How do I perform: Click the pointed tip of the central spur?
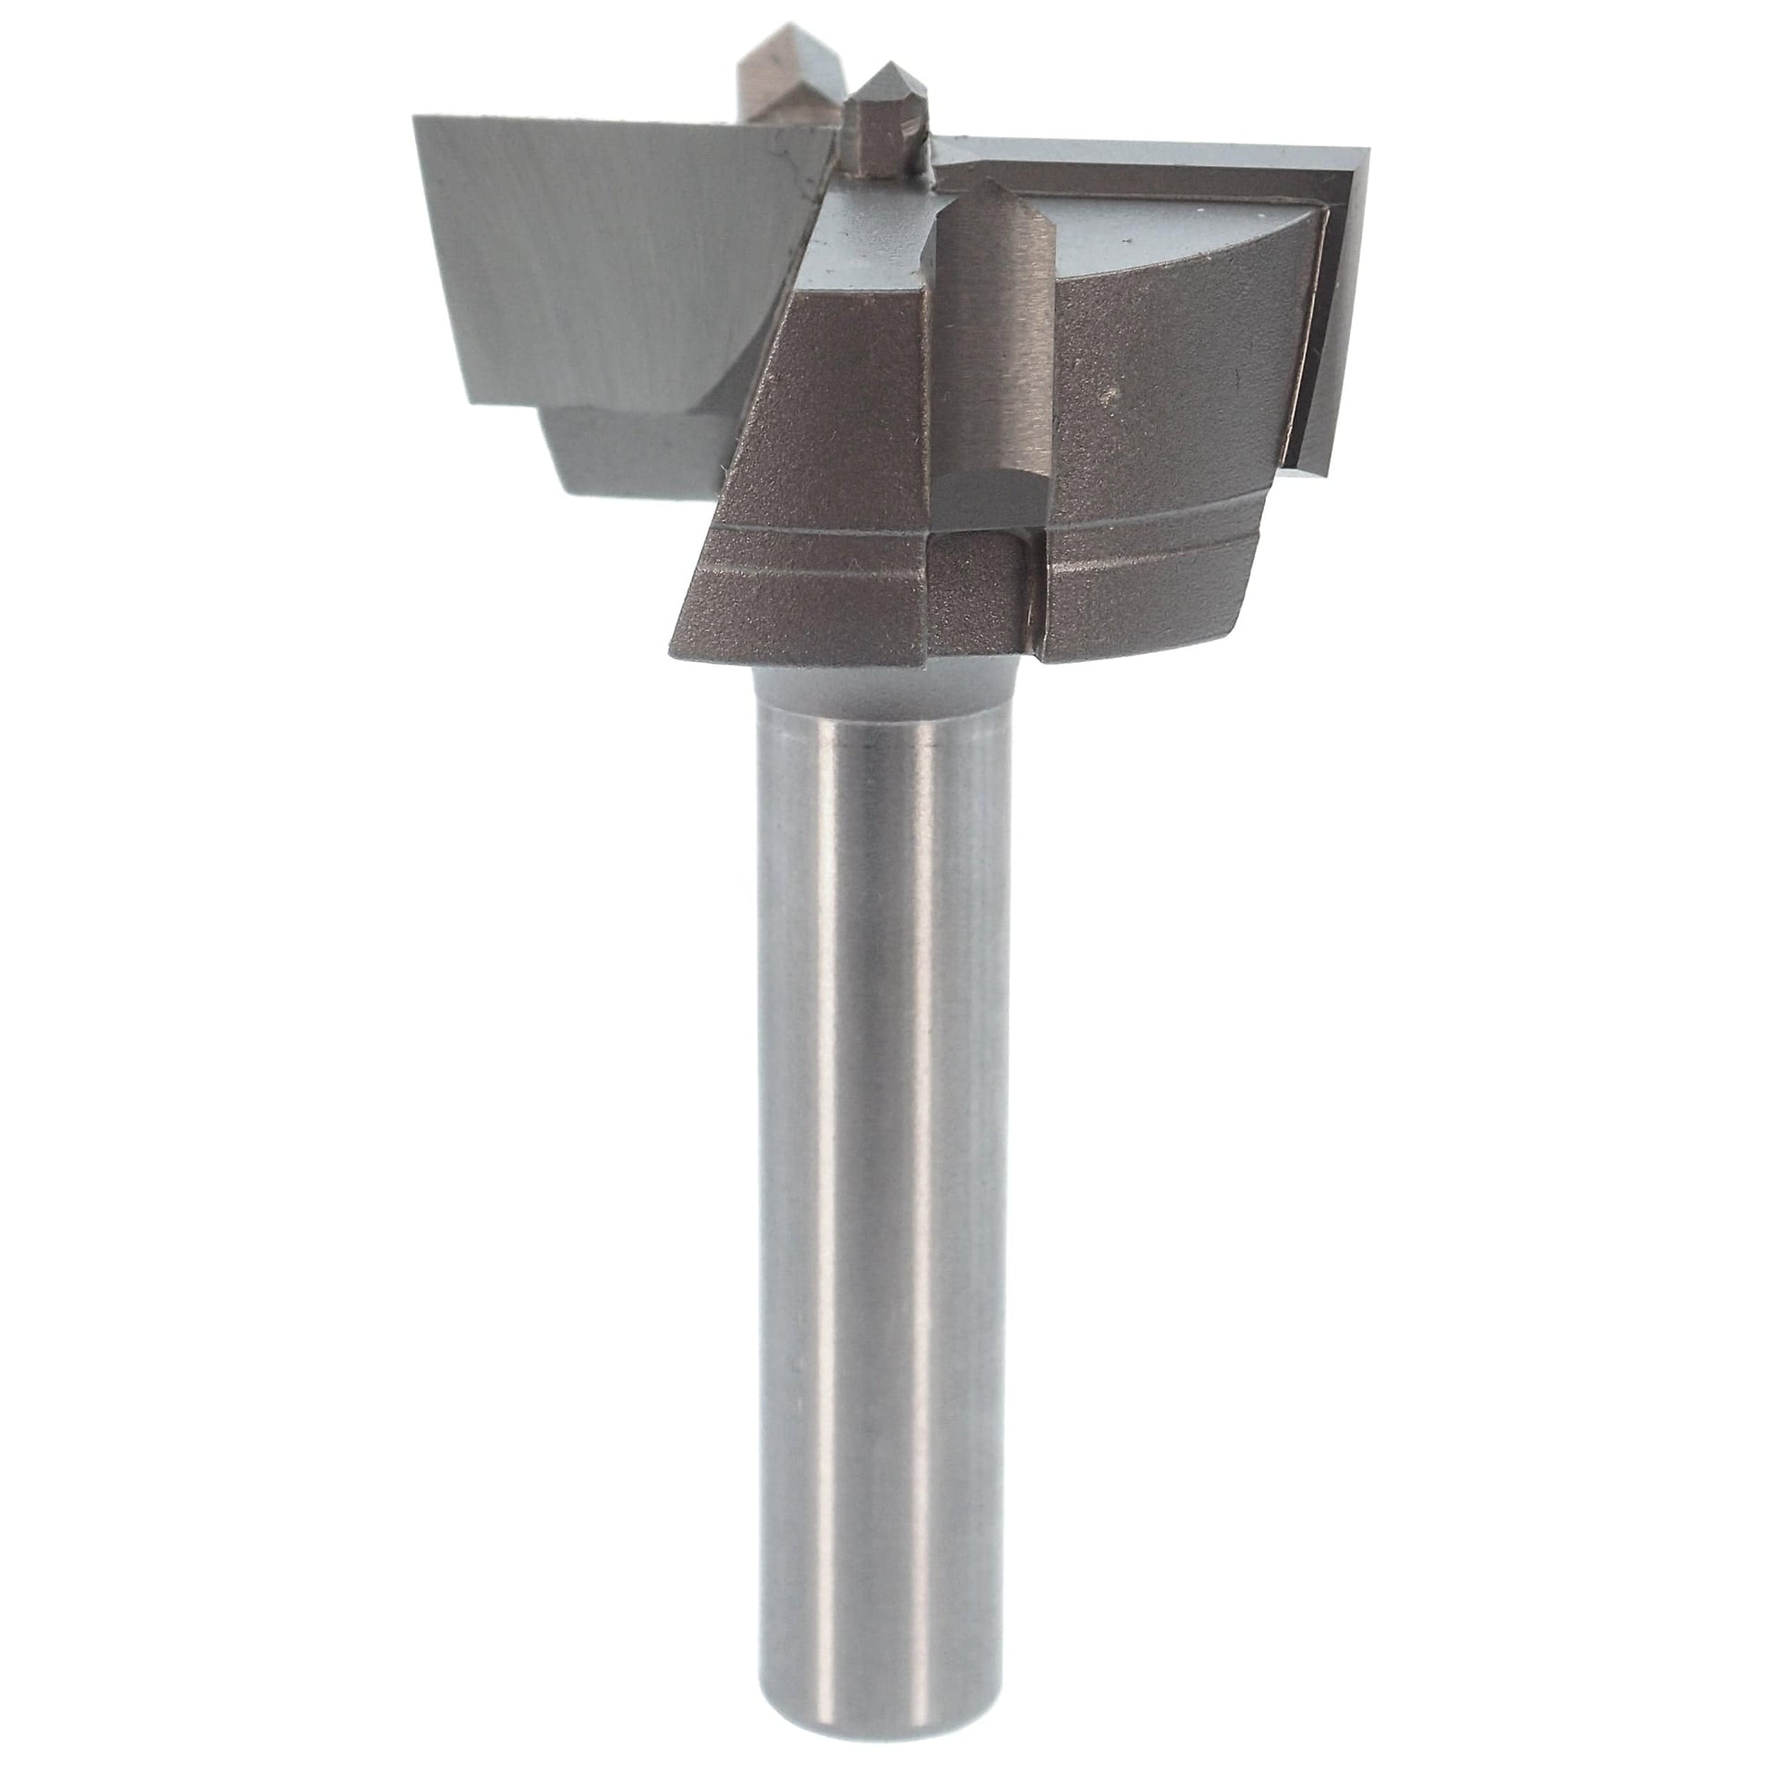click(885, 66)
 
